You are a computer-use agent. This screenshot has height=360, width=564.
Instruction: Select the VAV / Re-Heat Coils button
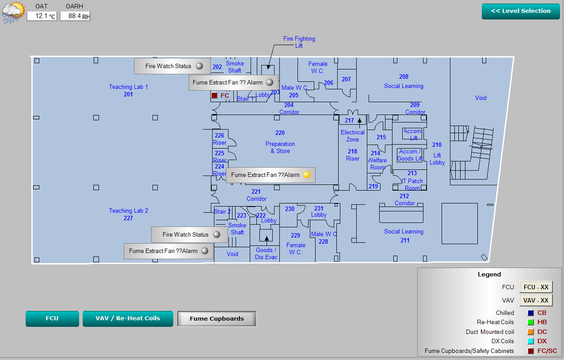(x=128, y=318)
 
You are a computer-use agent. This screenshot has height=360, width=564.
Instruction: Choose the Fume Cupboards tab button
(x=217, y=318)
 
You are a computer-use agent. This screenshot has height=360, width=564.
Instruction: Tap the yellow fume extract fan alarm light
(x=307, y=175)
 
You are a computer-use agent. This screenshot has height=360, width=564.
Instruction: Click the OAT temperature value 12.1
(x=42, y=16)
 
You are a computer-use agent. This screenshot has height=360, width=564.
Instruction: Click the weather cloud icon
(x=13, y=12)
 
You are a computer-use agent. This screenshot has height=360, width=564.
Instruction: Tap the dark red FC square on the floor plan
(x=214, y=96)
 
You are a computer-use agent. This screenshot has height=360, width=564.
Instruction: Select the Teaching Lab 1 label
(x=128, y=87)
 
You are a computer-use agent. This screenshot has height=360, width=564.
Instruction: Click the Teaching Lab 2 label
(x=128, y=211)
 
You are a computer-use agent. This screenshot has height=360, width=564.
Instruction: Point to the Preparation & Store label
(x=280, y=147)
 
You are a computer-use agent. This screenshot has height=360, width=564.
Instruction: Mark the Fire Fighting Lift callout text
(x=299, y=42)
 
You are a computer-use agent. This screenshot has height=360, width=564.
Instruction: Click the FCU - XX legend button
(x=536, y=287)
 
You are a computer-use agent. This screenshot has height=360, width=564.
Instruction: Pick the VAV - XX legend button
(x=536, y=300)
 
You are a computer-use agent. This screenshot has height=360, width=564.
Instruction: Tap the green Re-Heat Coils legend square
(x=530, y=322)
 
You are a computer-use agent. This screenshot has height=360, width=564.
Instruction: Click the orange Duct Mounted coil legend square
(x=530, y=332)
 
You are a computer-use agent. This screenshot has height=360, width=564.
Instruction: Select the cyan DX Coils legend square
(x=530, y=341)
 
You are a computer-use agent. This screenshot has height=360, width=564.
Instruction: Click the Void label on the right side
(x=480, y=98)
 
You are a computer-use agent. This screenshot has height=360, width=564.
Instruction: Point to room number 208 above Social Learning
(x=404, y=77)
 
